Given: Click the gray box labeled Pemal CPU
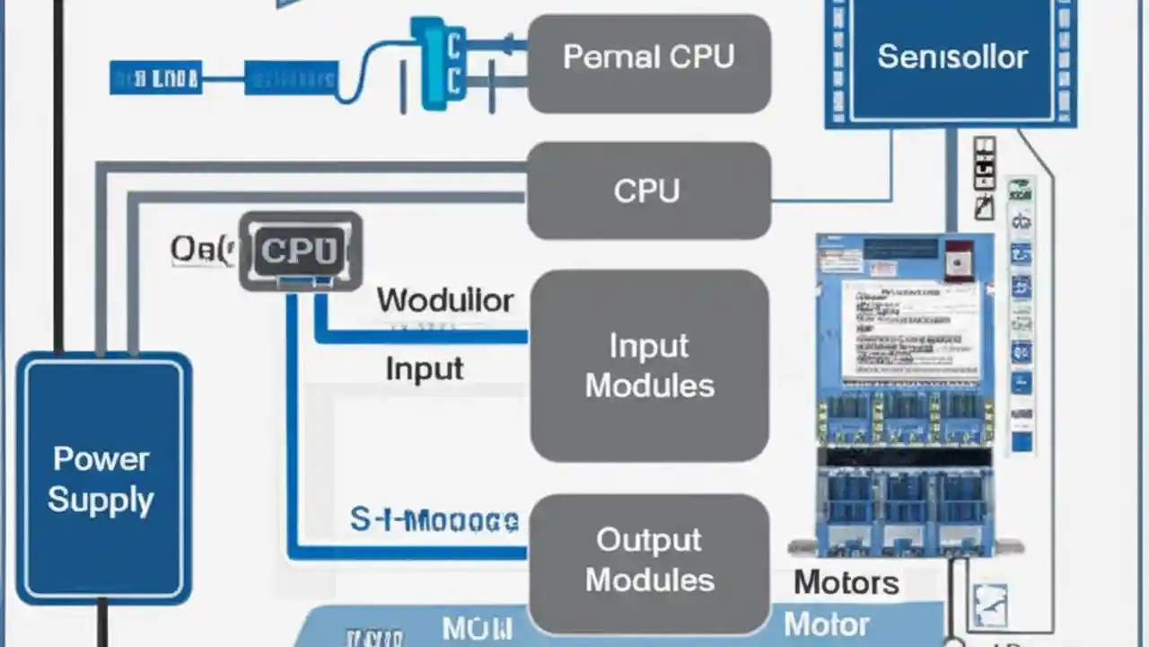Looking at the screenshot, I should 648,63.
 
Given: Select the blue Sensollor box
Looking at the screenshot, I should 951,58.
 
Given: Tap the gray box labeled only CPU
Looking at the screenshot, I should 648,191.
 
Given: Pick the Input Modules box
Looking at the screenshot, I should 649,366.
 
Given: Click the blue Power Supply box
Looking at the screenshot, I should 102,478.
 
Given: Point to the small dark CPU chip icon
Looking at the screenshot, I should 300,251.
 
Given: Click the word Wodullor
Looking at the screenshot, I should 445,300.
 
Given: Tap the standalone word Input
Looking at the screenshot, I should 424,369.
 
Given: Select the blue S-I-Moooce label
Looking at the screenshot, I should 434,520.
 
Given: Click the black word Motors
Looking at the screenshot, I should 846,582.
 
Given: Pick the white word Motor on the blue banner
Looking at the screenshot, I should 826,624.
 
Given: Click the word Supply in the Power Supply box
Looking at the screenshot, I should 101,500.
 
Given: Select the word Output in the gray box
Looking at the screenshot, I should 649,540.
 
